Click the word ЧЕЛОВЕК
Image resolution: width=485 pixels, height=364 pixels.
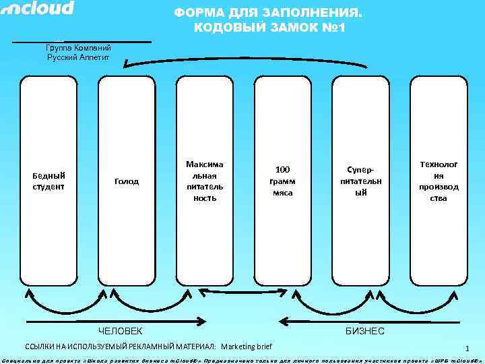(x=121, y=331)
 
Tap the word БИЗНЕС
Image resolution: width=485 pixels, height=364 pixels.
(x=364, y=331)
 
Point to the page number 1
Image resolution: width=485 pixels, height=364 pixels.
(x=465, y=348)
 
